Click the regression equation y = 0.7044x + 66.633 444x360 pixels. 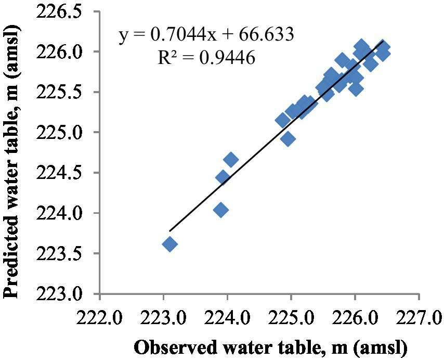207,35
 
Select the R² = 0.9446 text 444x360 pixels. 206,58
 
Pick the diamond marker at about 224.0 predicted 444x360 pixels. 221,210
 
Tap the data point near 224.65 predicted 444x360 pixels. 231,160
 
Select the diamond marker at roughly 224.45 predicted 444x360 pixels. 223,177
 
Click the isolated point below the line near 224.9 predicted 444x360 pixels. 288,139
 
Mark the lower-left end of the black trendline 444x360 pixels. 170,230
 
